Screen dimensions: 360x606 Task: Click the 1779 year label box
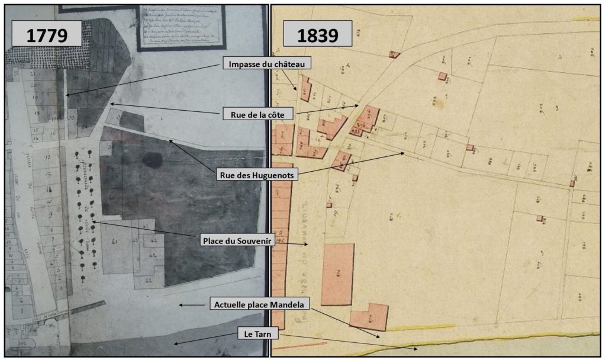pos(46,34)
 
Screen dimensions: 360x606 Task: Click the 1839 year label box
pos(318,34)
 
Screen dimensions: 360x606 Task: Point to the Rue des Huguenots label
pos(256,175)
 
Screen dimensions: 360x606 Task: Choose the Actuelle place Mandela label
pos(260,305)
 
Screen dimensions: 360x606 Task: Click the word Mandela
pos(286,305)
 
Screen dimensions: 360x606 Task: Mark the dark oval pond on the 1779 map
pos(152,160)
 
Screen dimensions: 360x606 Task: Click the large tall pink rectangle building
pos(337,274)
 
